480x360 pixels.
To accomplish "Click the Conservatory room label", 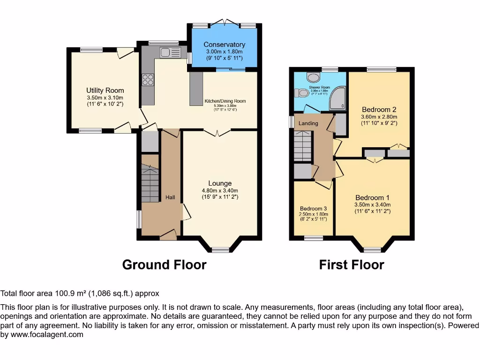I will pos(224,45).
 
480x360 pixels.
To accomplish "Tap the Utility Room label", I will pos(105,90).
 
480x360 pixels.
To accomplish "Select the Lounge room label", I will pos(220,183).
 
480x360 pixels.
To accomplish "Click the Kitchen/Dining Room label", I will pos(225,101).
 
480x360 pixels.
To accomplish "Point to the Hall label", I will pos(170,197).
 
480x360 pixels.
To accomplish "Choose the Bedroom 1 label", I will pos(372,197).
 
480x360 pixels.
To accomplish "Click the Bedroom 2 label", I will pos(379,110).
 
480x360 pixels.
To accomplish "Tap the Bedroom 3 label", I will pos(314,209).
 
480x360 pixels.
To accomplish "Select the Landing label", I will pos(308,123).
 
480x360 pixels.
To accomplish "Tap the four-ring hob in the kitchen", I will pos(148,80).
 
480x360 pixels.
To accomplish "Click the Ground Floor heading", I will pos(164,265).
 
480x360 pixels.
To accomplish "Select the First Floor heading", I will pos(352,265).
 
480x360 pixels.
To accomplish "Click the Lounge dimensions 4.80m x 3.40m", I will pos(220,191).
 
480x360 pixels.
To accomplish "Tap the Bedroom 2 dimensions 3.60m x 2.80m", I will pos(379,117).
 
